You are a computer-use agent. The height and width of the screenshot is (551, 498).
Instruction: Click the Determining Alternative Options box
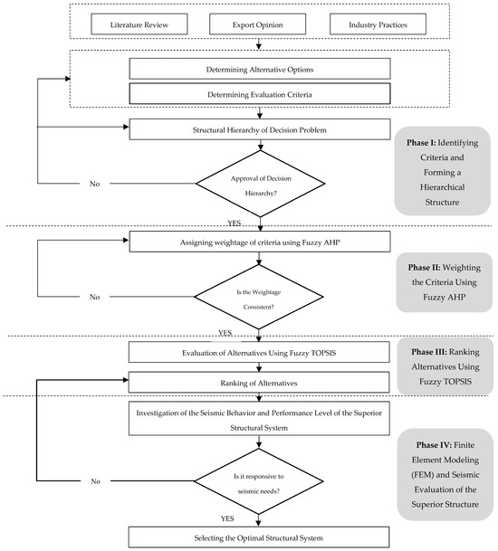click(x=261, y=69)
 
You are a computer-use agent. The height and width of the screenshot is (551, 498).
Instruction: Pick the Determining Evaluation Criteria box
click(x=261, y=92)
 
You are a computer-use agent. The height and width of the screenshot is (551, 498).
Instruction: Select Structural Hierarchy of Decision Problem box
click(x=261, y=130)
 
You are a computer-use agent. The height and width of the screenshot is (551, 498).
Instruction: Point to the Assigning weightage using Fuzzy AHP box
click(x=261, y=241)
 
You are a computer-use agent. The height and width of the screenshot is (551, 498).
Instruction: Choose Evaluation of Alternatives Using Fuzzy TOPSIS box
click(x=261, y=352)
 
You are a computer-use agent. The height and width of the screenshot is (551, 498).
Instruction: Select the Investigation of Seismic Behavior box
click(x=261, y=420)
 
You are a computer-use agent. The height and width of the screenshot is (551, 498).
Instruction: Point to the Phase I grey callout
click(x=442, y=170)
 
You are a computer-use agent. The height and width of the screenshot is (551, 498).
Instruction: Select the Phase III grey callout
click(x=442, y=366)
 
